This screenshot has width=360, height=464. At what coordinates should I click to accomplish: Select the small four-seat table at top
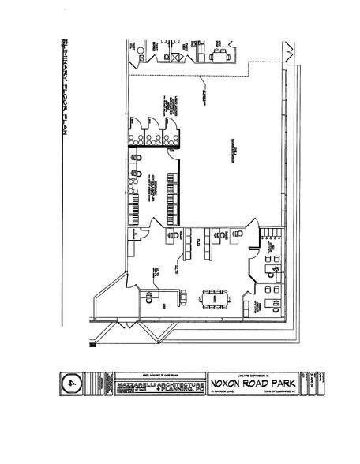pos(218,55)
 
